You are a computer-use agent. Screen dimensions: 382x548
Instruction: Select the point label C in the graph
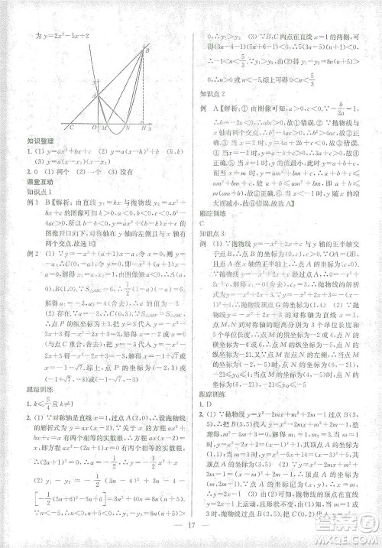71,128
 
